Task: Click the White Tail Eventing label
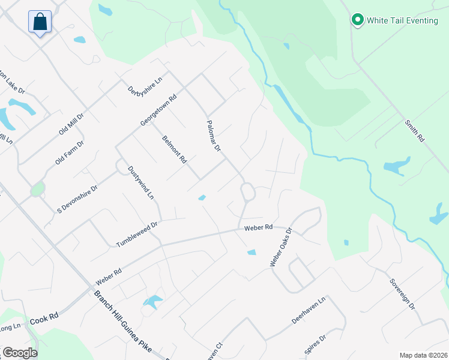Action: point(402,20)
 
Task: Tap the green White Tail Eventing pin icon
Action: point(358,20)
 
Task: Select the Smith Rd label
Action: point(414,130)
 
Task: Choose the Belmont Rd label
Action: point(175,149)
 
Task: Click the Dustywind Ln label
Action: point(141,183)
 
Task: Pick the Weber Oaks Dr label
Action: point(280,247)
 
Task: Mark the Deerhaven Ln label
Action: point(308,310)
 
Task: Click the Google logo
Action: point(19,353)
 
